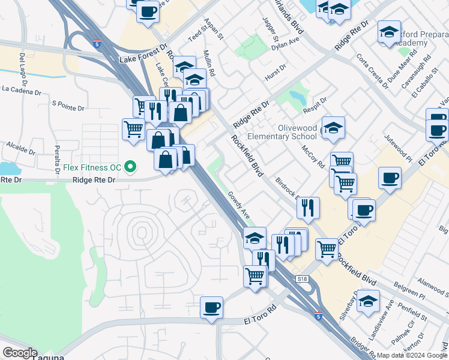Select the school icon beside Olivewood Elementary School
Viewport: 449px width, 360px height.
pyautogui.click(x=333, y=127)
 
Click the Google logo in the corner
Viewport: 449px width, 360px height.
pyautogui.click(x=20, y=353)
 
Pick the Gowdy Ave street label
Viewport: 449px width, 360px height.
pyautogui.click(x=238, y=205)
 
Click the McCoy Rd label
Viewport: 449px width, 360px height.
pyautogui.click(x=313, y=156)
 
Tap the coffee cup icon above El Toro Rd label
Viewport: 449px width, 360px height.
pyautogui.click(x=211, y=307)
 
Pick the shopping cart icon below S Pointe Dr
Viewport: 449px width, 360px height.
pyautogui.click(x=133, y=128)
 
